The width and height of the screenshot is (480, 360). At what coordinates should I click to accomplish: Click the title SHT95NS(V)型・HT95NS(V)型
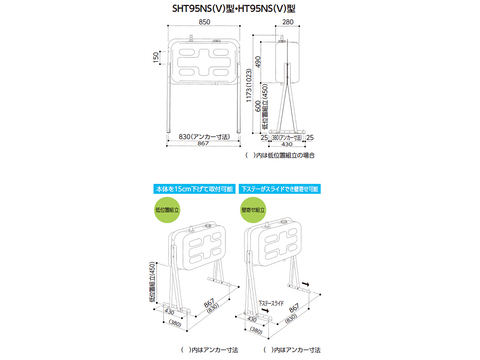[x=233, y=9]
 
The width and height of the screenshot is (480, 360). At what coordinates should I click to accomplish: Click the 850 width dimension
[x=205, y=22]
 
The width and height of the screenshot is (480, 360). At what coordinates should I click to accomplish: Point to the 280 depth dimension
[x=288, y=22]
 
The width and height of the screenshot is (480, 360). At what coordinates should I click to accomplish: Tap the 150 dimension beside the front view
[x=156, y=58]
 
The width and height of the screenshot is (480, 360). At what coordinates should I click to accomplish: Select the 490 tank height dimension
[x=258, y=62]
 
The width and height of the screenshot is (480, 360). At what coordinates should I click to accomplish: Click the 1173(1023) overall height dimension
[x=249, y=85]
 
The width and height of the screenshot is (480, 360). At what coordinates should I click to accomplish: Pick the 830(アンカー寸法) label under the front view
[x=204, y=137]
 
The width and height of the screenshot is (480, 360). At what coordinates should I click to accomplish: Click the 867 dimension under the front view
[x=203, y=144]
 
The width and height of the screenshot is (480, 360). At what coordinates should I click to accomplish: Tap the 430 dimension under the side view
[x=287, y=144]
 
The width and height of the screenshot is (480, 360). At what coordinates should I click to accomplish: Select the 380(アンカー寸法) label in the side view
[x=287, y=138]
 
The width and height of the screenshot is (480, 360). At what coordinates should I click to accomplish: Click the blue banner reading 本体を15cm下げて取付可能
[x=194, y=189]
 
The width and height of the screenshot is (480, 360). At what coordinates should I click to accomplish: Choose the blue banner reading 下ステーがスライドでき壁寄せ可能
[x=280, y=189]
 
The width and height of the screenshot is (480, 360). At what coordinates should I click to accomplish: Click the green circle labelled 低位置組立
[x=167, y=210]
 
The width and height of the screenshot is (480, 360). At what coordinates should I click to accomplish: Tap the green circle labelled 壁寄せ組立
[x=253, y=210]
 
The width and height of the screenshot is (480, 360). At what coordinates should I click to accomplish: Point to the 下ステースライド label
[x=271, y=303]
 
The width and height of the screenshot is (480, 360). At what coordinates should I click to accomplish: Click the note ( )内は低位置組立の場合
[x=280, y=156]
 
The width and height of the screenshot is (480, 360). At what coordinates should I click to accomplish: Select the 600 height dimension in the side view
[x=258, y=106]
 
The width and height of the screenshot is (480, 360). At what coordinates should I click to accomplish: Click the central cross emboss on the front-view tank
[x=204, y=62]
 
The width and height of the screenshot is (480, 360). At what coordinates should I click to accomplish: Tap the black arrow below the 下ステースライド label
[x=265, y=311]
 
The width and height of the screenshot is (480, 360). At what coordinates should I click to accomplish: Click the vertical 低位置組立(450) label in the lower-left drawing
[x=152, y=282]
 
